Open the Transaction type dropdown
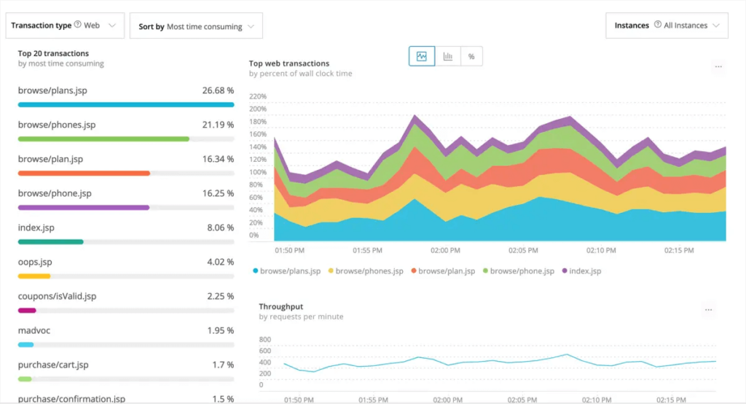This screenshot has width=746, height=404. click(x=65, y=26)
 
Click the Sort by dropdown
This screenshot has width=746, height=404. click(x=196, y=26)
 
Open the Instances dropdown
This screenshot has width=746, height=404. click(x=666, y=26)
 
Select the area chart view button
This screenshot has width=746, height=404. click(x=422, y=56)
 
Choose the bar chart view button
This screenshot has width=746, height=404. click(x=447, y=56)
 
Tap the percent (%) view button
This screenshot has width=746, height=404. click(x=471, y=56)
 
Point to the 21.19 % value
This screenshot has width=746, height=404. click(x=218, y=125)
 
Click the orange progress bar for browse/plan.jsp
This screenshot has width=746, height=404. click(x=84, y=174)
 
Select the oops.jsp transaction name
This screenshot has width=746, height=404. click(x=34, y=262)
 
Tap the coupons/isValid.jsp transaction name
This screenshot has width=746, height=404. click(x=57, y=296)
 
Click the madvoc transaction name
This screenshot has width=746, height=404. click(x=34, y=330)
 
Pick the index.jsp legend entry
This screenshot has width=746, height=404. click(x=585, y=271)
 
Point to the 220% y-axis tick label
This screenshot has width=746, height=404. click(x=258, y=96)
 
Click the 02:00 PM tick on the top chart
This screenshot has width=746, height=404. click(x=445, y=250)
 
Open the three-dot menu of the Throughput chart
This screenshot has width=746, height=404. click(x=708, y=310)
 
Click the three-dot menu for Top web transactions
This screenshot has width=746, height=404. click(x=718, y=66)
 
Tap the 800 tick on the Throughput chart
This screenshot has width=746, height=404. click(x=264, y=340)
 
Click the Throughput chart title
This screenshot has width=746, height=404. click(x=280, y=307)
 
